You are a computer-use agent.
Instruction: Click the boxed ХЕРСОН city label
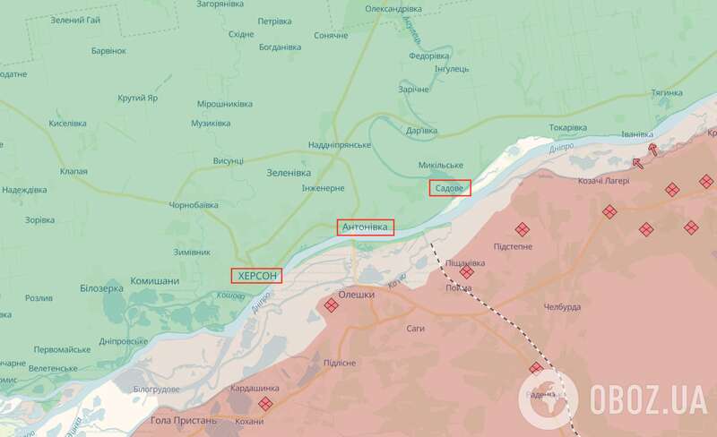click(256, 277)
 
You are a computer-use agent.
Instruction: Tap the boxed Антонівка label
click(366, 227)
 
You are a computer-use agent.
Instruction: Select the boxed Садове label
click(450, 188)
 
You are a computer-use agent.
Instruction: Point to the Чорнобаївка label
click(194, 204)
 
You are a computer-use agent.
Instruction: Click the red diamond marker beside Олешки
click(331, 306)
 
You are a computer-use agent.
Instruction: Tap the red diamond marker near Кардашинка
click(265, 403)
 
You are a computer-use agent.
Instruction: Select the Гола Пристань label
click(184, 420)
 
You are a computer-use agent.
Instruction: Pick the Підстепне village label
click(514, 245)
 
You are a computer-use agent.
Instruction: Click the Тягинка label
click(668, 93)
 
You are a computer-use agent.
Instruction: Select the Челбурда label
click(562, 307)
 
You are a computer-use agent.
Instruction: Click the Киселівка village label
click(68, 122)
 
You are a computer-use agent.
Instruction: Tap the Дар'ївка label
click(422, 131)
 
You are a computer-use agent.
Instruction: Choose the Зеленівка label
click(289, 172)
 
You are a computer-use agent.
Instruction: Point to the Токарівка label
click(567, 127)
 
